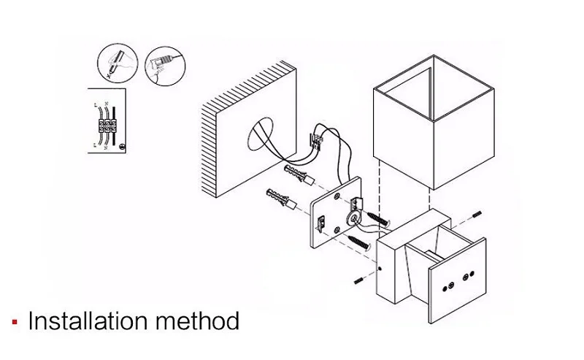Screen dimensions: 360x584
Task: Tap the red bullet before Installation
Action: pos(15,323)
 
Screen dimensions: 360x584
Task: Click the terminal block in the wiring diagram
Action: pos(107,125)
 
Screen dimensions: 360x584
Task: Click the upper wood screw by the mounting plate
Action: pos(381,218)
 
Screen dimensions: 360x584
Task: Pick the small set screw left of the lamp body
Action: pos(358,280)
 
